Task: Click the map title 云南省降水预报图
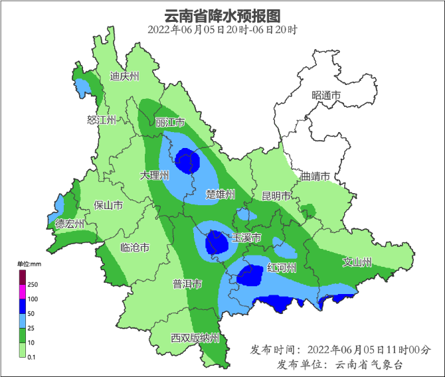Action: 222,15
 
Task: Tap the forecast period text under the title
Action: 222,30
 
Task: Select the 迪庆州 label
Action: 124,76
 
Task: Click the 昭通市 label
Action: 326,96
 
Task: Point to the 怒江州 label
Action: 102,120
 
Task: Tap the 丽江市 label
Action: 170,123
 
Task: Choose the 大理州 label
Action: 155,175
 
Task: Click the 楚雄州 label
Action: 221,194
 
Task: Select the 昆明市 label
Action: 276,196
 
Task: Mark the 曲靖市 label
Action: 315,177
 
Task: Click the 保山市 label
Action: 108,205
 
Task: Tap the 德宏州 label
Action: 70,224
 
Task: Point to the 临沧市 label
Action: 134,248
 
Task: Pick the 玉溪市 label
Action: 246,238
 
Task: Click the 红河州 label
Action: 281,267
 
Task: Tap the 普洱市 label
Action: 187,284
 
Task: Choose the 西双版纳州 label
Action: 195,338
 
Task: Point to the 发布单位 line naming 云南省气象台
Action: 339,364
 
